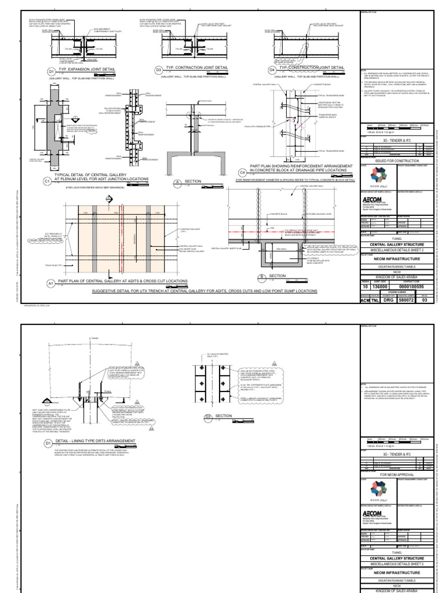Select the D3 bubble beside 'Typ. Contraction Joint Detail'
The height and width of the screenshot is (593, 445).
pyautogui.click(x=158, y=70)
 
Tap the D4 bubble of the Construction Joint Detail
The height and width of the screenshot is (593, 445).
pyautogui.click(x=272, y=70)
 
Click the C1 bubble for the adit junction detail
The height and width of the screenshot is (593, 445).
pyautogui.click(x=48, y=181)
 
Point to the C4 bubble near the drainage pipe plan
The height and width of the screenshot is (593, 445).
pyautogui.click(x=242, y=172)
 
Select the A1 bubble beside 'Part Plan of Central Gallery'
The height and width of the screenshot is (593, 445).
pyautogui.click(x=50, y=283)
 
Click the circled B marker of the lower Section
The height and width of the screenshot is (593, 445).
pyautogui.click(x=261, y=276)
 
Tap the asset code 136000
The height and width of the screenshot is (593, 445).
pyautogui.click(x=377, y=287)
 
